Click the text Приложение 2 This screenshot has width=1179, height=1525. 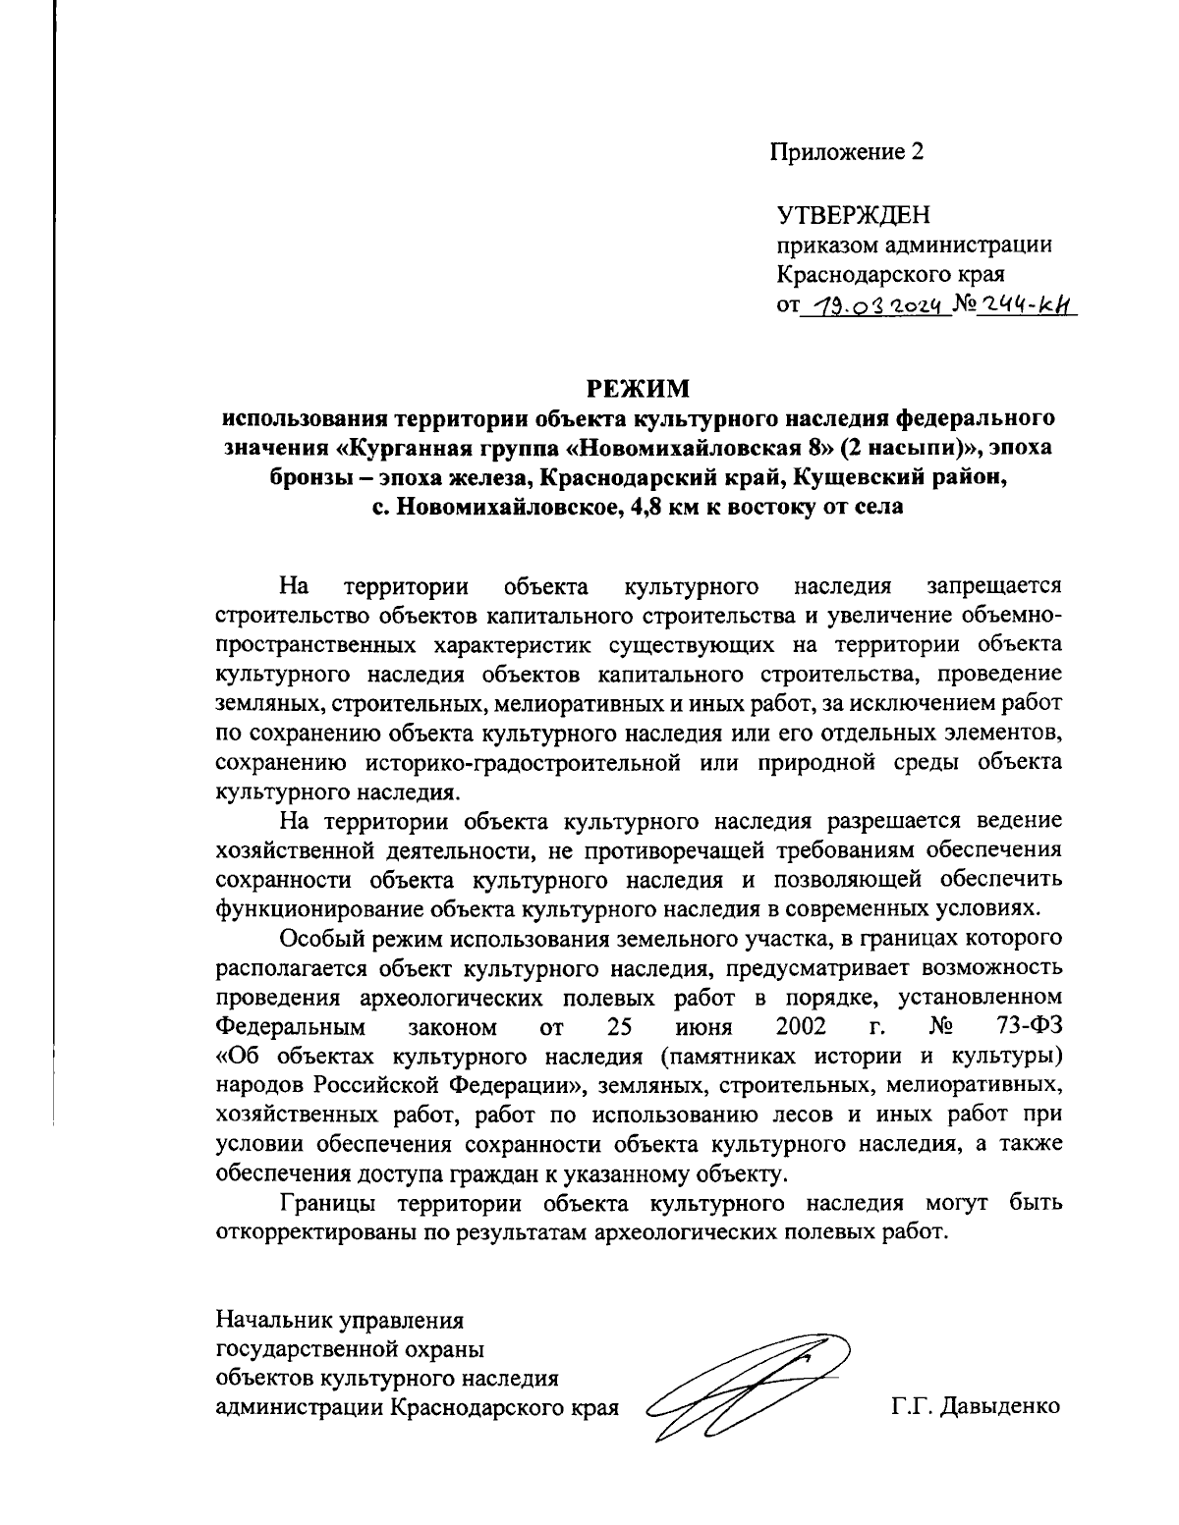(846, 152)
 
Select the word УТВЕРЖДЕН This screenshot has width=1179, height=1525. (853, 214)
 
